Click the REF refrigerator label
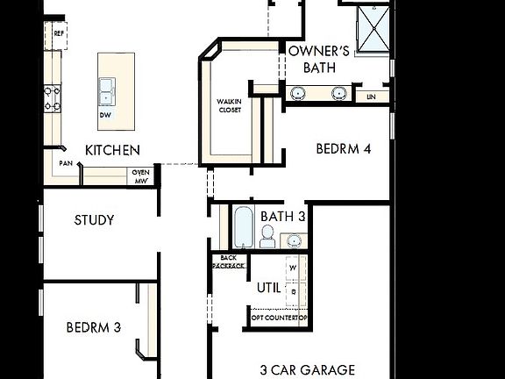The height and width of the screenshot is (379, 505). click(59, 33)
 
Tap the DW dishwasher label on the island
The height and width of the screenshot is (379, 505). click(105, 115)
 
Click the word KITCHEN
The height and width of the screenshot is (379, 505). click(111, 150)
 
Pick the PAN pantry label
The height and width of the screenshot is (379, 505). click(66, 163)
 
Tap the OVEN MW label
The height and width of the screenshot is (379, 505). click(141, 175)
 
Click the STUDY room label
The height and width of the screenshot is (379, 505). click(94, 220)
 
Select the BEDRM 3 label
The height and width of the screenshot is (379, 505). click(93, 327)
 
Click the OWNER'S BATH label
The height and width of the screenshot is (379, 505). click(319, 59)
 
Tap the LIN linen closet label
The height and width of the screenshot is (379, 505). click(372, 96)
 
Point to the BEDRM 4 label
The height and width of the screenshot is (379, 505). click(344, 149)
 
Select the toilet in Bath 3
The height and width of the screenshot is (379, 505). click(267, 235)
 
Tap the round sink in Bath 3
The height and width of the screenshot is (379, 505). click(294, 240)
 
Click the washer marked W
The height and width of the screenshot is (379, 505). click(294, 267)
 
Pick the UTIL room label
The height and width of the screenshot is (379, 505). click(268, 287)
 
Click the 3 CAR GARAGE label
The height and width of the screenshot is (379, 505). click(308, 369)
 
